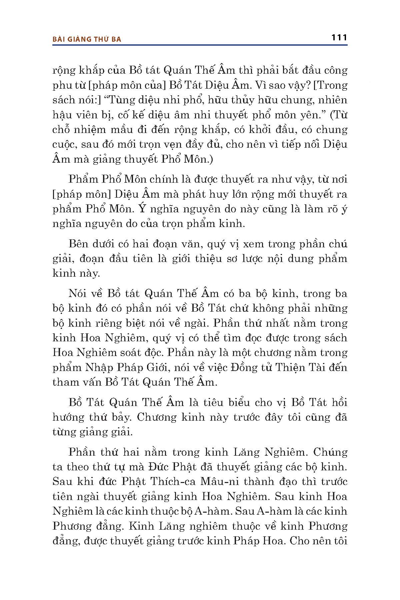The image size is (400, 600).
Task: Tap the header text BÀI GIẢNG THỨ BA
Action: [87, 39]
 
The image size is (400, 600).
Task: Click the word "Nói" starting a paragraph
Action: [78, 293]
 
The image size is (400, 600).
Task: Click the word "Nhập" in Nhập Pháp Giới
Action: [100, 367]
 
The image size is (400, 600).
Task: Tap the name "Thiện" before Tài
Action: [293, 367]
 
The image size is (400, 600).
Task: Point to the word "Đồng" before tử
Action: [241, 367]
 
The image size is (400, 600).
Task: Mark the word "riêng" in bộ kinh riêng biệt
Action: [102, 323]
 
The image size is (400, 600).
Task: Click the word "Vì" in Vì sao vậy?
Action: [261, 85]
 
